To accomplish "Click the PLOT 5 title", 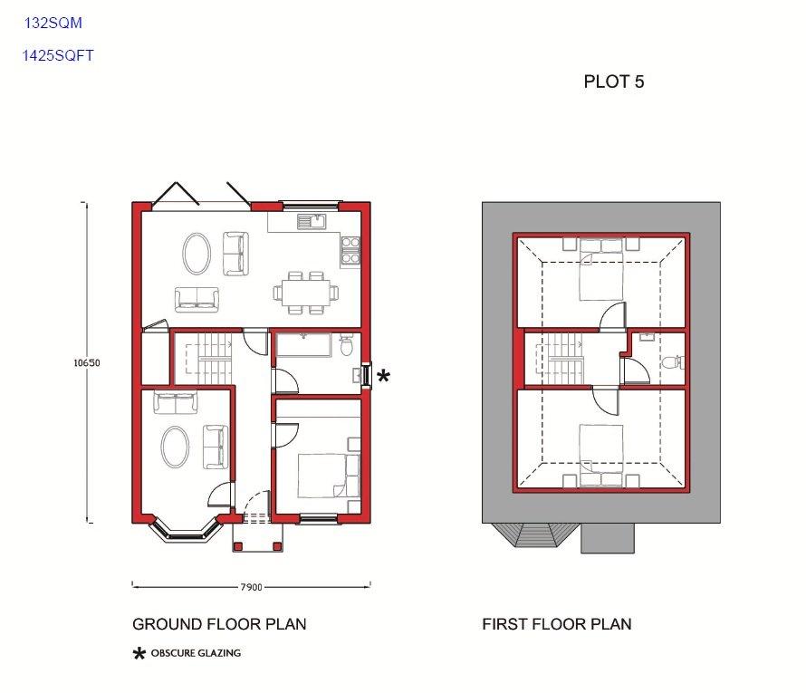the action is [x=614, y=82].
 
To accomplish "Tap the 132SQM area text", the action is [x=53, y=23].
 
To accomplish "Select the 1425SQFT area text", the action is [x=58, y=55].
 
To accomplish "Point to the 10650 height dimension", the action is [x=87, y=362].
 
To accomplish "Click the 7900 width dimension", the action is [x=252, y=587].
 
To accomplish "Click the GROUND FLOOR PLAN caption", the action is [x=219, y=624].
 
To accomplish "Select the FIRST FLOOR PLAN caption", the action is [x=557, y=624].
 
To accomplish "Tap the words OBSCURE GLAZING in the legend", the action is [x=196, y=653].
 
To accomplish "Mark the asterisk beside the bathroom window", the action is [x=383, y=376].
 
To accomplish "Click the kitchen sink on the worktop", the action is [x=312, y=222].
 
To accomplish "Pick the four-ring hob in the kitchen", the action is [x=350, y=250].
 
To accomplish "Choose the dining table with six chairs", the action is [x=306, y=293].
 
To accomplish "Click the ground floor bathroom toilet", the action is [x=347, y=345].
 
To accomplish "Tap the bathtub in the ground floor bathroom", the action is [x=303, y=344].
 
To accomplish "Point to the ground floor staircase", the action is [x=205, y=358].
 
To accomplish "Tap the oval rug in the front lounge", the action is [x=176, y=448].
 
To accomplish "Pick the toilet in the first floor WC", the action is [x=673, y=362].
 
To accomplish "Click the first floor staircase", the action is [x=561, y=359].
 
